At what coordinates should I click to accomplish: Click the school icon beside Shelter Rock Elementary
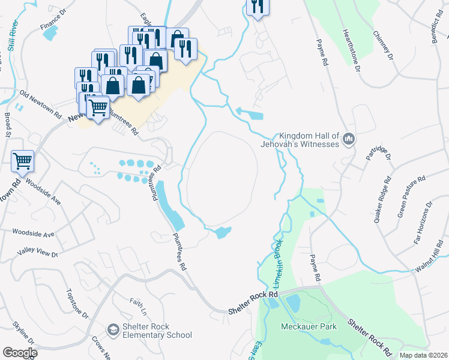pyautogui.click(x=113, y=330)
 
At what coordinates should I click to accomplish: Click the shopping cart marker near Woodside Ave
pyautogui.click(x=22, y=160)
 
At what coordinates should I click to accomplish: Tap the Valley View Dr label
pyautogui.click(x=38, y=253)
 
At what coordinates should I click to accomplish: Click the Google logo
pyautogui.click(x=20, y=352)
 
